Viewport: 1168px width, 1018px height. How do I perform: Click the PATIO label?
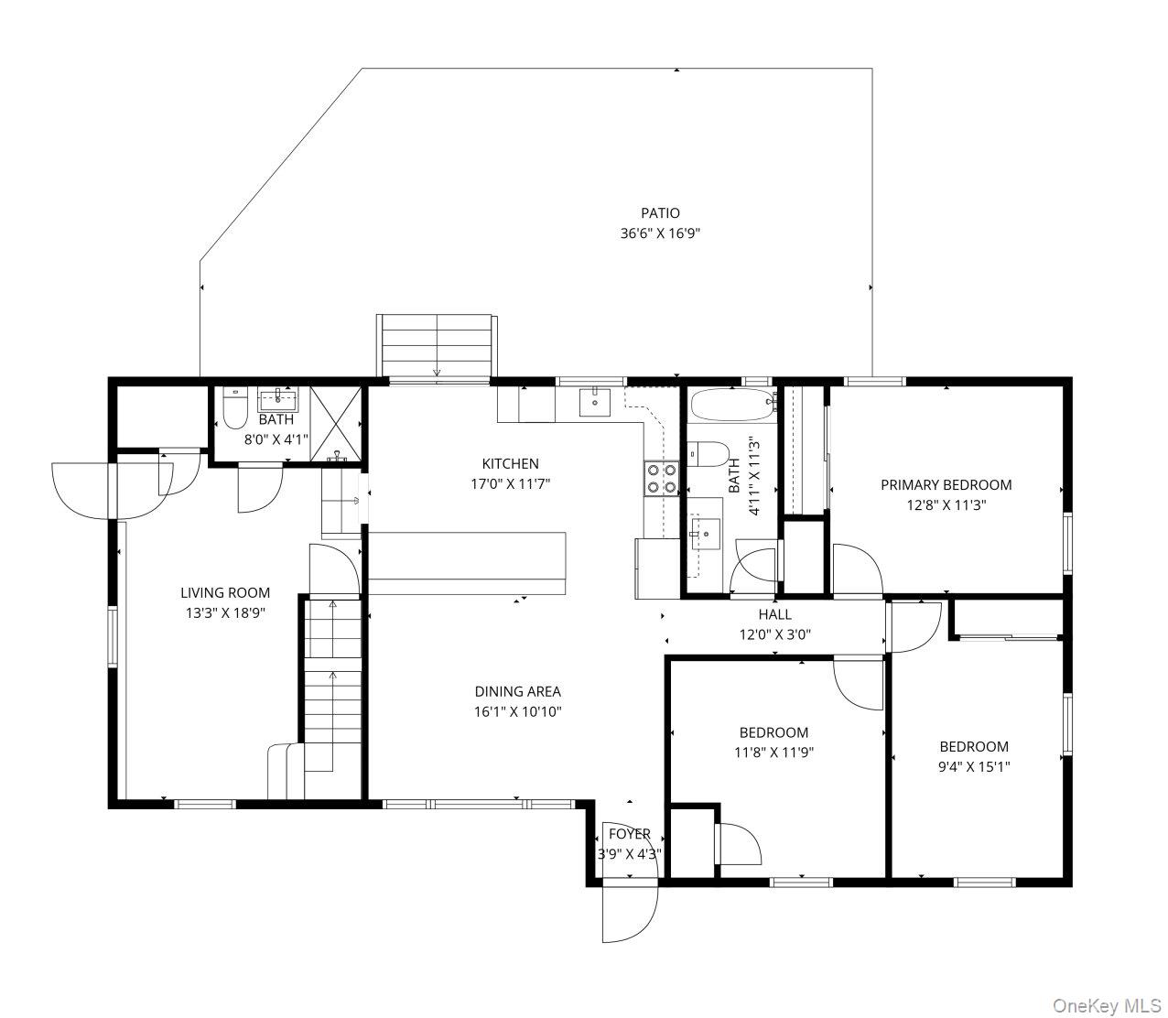(660, 213)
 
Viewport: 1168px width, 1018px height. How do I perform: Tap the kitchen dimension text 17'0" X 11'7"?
(510, 483)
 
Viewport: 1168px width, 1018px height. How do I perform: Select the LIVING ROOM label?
(225, 593)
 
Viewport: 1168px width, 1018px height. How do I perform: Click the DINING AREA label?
(517, 692)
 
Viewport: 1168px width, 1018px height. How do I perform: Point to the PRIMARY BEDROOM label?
(946, 485)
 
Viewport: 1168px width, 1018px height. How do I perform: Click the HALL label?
(774, 614)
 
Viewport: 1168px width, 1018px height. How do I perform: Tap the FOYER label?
(630, 834)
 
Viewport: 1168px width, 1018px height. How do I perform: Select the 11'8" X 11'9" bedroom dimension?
(773, 753)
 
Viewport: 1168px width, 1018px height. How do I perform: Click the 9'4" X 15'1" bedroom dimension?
(974, 767)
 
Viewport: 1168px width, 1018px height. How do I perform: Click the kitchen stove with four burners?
(662, 477)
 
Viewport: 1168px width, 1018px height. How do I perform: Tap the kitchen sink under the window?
(596, 401)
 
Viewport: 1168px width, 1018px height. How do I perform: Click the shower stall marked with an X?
(336, 422)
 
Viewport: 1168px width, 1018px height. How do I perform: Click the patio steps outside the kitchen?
(436, 345)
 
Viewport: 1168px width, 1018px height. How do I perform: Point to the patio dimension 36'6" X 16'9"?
(660, 233)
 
